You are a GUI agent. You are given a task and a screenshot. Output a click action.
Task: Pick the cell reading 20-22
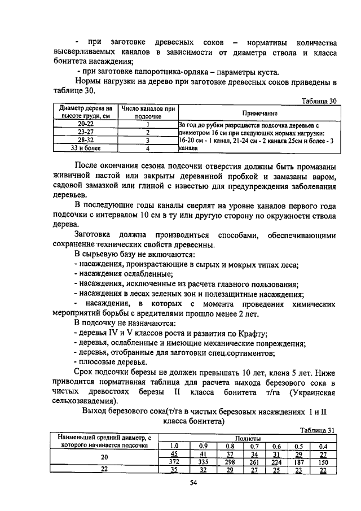86,124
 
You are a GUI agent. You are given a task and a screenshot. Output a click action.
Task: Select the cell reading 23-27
86,132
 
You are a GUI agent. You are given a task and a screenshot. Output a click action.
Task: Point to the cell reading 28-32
86,139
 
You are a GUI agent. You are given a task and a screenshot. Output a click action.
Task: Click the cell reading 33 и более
86,148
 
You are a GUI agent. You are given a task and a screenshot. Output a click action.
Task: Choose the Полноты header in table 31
248,438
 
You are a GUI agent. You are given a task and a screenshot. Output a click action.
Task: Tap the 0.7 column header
254,446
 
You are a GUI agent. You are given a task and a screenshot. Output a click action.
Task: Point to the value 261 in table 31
254,461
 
